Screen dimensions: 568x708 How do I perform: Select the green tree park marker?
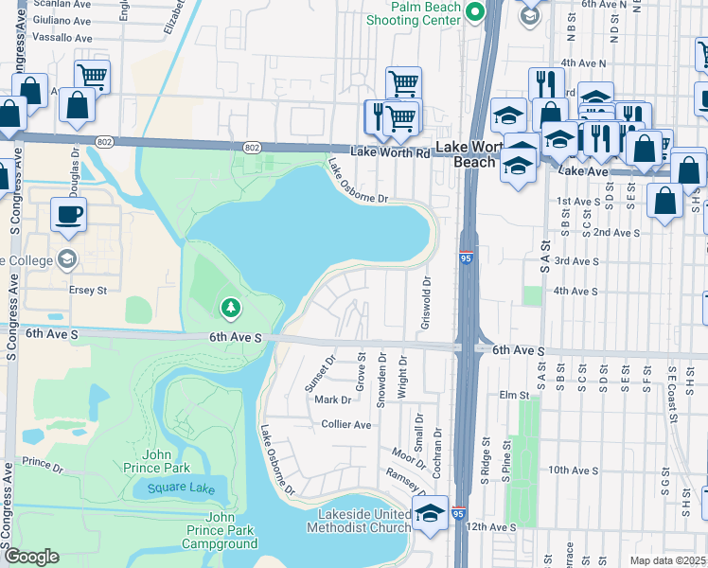pyautogui.click(x=229, y=308)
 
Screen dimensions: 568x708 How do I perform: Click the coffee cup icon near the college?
pyautogui.click(x=68, y=214)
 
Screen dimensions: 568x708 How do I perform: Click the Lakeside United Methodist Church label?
pyautogui.click(x=364, y=522)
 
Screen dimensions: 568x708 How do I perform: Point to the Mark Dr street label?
pyautogui.click(x=332, y=399)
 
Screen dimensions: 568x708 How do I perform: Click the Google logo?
pyautogui.click(x=31, y=557)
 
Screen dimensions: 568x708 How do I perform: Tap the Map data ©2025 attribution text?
pyautogui.click(x=666, y=560)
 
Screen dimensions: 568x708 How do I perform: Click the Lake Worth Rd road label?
pyautogui.click(x=389, y=151)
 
